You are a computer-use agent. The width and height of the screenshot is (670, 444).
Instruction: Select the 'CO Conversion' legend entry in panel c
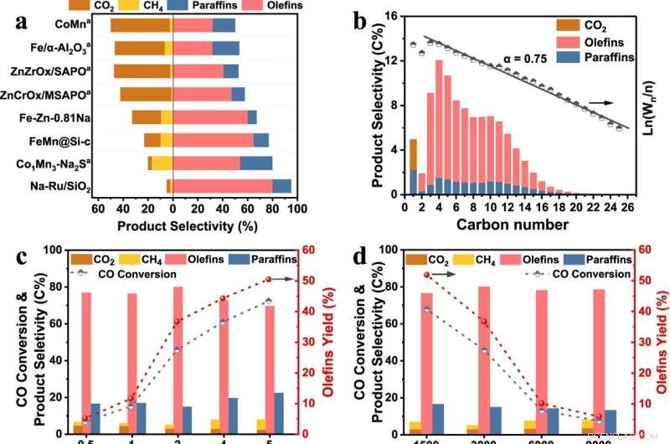[x=134, y=273]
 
